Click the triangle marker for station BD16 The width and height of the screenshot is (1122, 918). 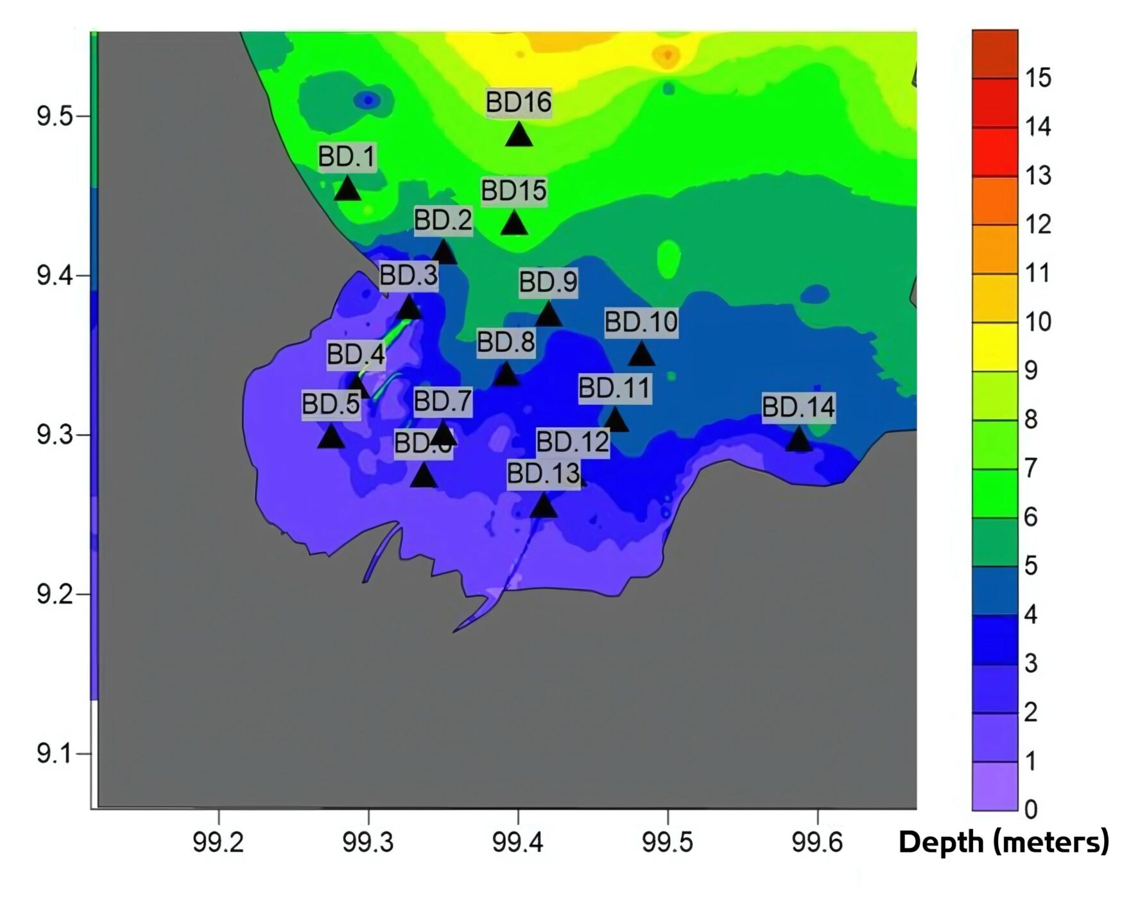[519, 135]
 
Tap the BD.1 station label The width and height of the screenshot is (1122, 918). [347, 157]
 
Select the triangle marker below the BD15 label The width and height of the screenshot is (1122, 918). [514, 223]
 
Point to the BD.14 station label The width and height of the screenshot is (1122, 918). [798, 407]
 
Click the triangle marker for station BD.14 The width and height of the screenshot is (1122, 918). [798, 440]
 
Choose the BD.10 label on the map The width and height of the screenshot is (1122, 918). [641, 322]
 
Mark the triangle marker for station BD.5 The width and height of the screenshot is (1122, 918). [331, 437]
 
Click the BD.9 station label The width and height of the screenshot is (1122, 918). [548, 282]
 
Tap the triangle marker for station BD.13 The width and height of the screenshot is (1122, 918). [544, 506]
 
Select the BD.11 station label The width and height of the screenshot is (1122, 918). [614, 388]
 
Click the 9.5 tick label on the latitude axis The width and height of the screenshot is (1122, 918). [55, 117]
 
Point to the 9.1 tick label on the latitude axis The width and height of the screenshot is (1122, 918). [55, 753]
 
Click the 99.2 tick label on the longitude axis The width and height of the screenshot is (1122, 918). [218, 842]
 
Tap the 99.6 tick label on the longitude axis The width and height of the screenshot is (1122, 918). [817, 842]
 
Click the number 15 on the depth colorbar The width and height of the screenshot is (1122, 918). [1037, 78]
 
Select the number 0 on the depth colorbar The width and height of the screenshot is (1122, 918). [1031, 809]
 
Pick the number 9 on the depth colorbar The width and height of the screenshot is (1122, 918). [1031, 370]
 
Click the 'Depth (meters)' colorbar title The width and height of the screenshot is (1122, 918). [1003, 842]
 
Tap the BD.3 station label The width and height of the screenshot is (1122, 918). [408, 275]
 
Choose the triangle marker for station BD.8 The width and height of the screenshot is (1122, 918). [506, 374]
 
